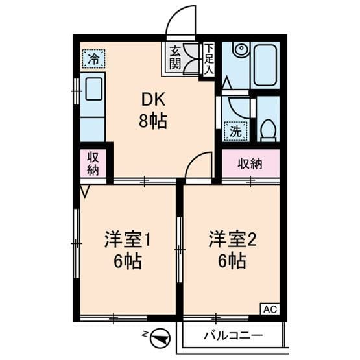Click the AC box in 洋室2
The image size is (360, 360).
pos(270,309)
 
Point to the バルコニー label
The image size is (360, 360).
pos(232,335)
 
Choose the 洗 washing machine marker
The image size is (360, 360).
pos(236,130)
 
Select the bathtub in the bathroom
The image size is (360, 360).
pos(265,65)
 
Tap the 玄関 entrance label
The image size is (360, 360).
pos(175,57)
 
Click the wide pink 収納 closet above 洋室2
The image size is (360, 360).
pos(250,163)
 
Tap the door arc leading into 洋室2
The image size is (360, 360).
pos(198,166)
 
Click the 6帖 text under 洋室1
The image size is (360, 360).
pos(127,262)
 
